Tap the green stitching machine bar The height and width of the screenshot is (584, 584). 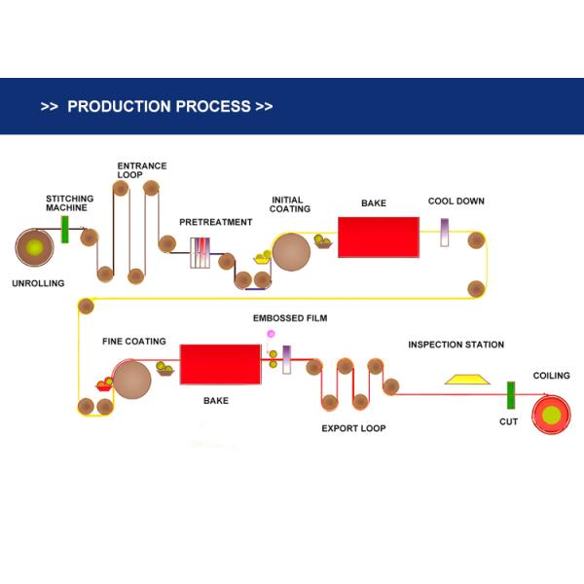coord(65,230)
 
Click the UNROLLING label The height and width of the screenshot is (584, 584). coord(37,283)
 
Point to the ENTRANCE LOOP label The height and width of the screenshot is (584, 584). coord(142,170)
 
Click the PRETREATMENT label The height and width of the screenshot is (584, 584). coord(215,222)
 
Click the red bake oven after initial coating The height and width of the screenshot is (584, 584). coord(378,237)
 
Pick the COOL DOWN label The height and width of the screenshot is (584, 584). coord(456,201)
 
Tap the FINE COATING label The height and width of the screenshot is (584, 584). coord(133,342)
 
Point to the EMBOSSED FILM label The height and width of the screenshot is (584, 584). coord(290,318)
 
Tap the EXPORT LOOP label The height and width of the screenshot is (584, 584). coord(353,428)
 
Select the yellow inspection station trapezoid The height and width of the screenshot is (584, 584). coord(466,379)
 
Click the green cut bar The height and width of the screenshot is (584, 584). coord(509,397)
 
